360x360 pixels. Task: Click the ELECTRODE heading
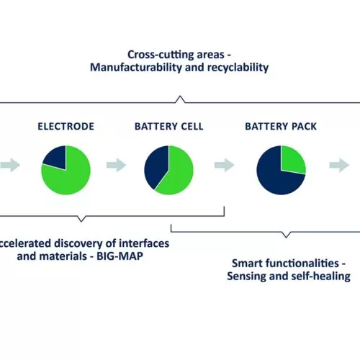click(x=66, y=127)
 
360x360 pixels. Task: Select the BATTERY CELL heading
click(x=169, y=127)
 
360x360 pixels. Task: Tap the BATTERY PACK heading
click(x=281, y=127)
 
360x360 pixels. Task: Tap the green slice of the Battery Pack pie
click(x=293, y=161)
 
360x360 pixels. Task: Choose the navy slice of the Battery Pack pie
click(x=274, y=178)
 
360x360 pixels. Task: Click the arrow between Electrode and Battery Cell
click(x=117, y=165)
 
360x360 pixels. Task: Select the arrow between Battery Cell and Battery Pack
click(x=225, y=165)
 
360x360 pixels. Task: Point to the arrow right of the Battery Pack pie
click(x=339, y=165)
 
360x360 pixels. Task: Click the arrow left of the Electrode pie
click(x=10, y=165)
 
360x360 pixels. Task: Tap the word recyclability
click(x=238, y=68)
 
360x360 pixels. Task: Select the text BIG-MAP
click(x=120, y=256)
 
